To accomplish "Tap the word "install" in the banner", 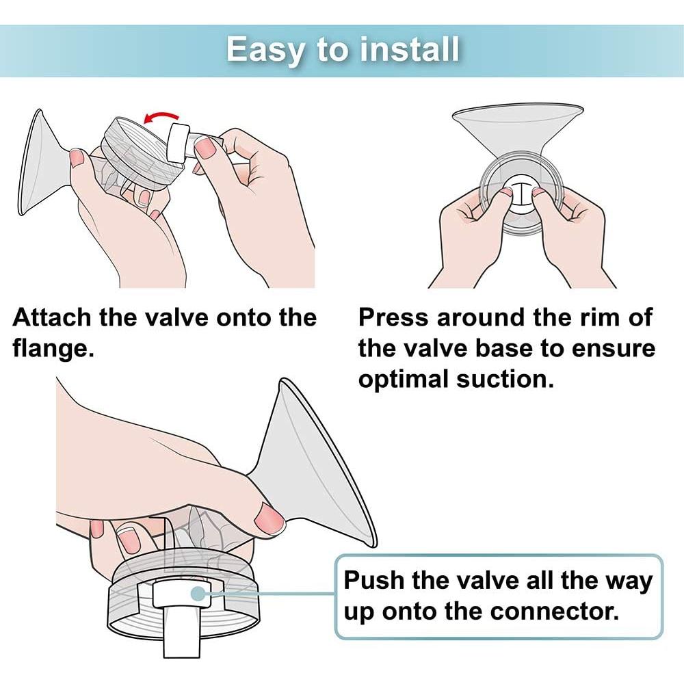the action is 410,49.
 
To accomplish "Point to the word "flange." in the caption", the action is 53,349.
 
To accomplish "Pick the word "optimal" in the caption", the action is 404,380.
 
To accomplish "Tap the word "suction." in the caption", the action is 505,379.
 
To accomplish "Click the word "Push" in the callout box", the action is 374,580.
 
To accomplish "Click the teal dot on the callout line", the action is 198,594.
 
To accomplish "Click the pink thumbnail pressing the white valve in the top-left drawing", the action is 205,148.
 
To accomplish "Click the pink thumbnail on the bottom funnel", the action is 269,518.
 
